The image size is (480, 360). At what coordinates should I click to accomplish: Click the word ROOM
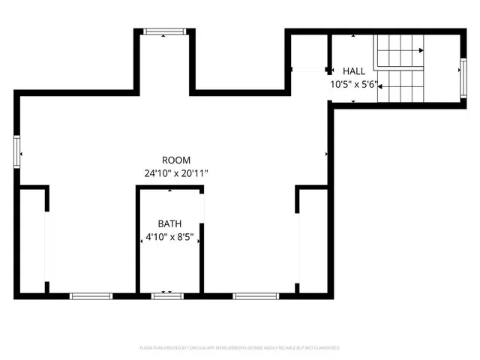tap(176, 160)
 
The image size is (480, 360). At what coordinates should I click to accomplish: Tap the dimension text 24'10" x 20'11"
tap(176, 173)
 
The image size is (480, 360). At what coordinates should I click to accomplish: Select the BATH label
tap(169, 223)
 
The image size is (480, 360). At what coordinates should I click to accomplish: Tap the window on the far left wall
tap(16, 152)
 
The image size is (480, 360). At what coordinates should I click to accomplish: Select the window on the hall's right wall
tap(463, 74)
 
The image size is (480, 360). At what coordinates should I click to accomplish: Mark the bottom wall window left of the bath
tap(91, 296)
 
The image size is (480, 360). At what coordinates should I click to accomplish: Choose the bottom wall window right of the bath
tap(256, 296)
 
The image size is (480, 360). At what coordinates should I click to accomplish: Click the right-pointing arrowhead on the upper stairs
tap(421, 50)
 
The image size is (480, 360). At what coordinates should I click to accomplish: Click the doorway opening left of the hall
tap(307, 70)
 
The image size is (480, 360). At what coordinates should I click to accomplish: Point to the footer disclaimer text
tap(240, 348)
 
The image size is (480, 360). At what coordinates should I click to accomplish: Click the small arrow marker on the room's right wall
tap(326, 154)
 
